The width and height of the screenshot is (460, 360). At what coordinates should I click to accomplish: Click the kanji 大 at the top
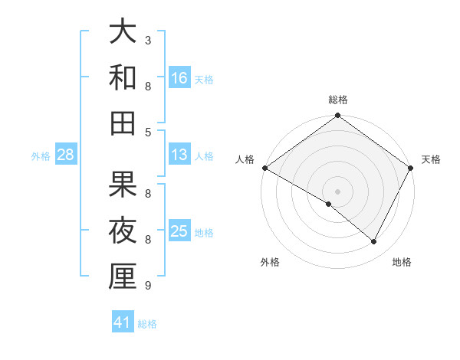tap(123, 32)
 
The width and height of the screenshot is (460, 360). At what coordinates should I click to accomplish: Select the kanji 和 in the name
tap(123, 77)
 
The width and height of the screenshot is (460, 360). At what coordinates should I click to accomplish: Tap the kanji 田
tap(123, 123)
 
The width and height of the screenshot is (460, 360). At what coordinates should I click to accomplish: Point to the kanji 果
tap(123, 185)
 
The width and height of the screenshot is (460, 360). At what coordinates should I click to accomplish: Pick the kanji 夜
tap(123, 230)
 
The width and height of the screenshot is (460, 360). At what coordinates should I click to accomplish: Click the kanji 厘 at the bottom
tap(123, 276)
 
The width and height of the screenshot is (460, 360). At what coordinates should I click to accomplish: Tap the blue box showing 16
tap(179, 77)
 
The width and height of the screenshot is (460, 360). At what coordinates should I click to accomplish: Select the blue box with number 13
tap(179, 154)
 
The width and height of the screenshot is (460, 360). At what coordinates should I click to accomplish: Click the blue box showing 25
tap(179, 231)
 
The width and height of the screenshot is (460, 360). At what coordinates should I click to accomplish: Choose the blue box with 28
tap(66, 155)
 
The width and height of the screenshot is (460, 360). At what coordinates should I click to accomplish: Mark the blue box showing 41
tap(123, 322)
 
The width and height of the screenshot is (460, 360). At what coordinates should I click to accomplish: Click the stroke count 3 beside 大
tap(148, 40)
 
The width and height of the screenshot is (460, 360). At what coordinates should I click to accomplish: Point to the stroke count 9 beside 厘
tap(148, 286)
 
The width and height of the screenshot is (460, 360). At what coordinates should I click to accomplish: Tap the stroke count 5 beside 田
tap(148, 132)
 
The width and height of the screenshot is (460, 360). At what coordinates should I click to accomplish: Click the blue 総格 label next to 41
tap(147, 324)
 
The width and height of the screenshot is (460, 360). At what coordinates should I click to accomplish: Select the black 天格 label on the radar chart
tap(431, 159)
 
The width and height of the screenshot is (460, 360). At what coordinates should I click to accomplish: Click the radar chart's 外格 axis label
tap(270, 262)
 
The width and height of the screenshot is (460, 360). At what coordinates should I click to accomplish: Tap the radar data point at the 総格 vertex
tap(337, 116)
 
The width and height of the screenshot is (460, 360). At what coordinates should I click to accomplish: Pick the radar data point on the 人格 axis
tap(264, 168)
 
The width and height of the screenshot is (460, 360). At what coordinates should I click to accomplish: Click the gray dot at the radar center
tap(337, 191)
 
